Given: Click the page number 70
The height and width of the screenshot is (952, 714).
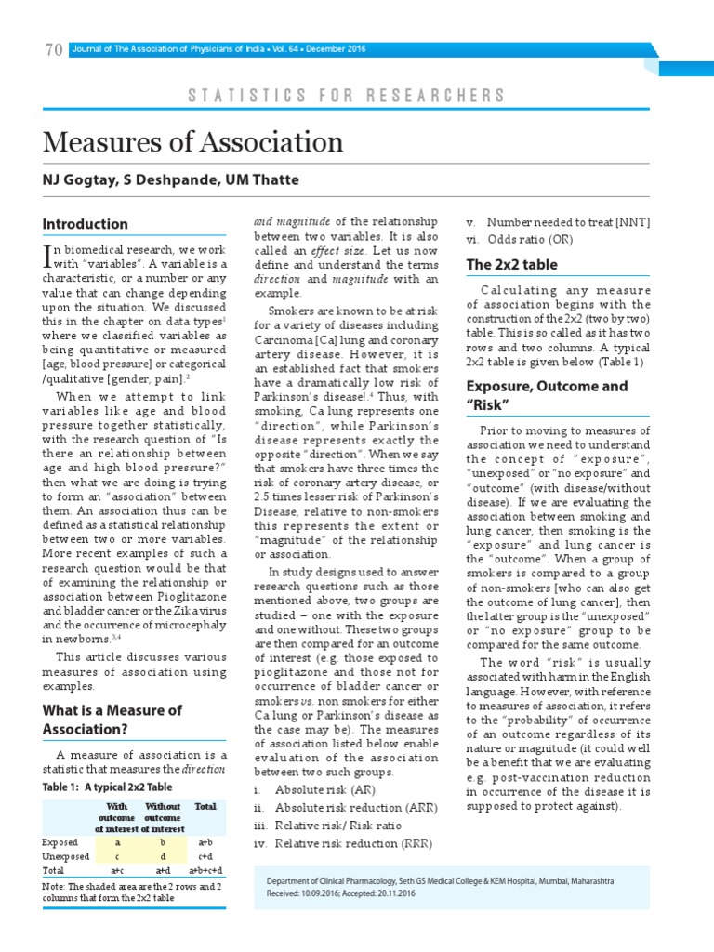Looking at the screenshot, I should [53, 50].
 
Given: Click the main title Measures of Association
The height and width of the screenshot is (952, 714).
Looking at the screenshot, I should [192, 142].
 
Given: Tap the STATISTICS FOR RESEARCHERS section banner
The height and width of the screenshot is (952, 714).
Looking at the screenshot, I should [346, 96].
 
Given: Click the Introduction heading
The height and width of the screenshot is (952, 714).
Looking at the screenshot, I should [85, 224].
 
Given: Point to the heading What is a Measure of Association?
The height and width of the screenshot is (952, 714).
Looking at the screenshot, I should [112, 720].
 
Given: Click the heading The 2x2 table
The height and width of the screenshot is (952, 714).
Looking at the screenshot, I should [511, 265].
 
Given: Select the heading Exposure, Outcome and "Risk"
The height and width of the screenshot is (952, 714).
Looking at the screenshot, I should [547, 395].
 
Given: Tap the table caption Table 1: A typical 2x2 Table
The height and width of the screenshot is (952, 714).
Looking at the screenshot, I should [107, 787].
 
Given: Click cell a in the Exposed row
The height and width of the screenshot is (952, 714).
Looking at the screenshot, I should [117, 841].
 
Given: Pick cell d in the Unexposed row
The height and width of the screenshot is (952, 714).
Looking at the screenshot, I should [162, 856].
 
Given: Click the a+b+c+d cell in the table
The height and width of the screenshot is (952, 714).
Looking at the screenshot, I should [205, 871].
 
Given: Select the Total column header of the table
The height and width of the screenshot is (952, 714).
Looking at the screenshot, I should [205, 807].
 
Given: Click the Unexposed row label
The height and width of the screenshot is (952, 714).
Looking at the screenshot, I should [66, 856].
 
